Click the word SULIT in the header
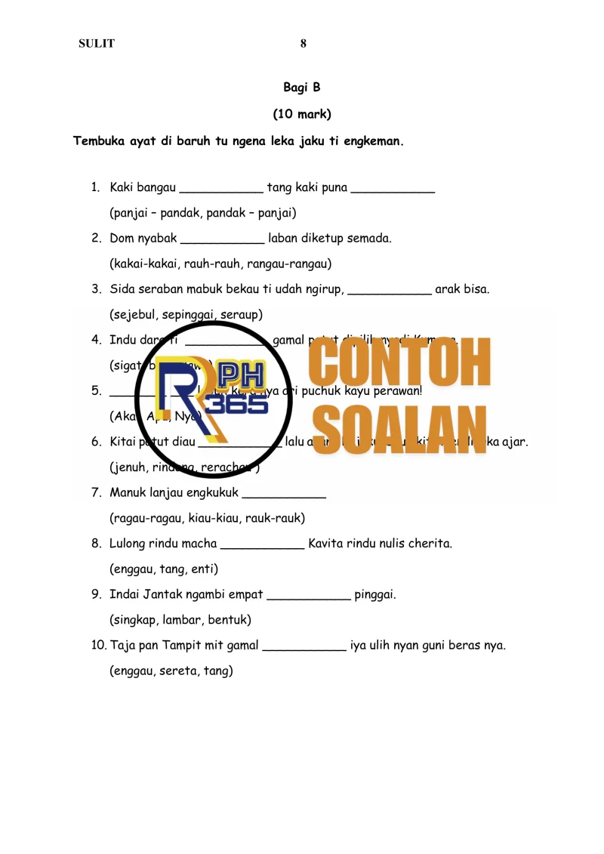(x=97, y=44)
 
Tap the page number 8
(x=304, y=44)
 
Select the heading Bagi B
(x=302, y=88)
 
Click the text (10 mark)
(x=302, y=115)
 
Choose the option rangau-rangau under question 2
(x=291, y=264)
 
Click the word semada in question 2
(x=368, y=239)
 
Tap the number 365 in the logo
(x=235, y=405)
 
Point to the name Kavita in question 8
(x=326, y=544)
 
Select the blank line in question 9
(x=309, y=596)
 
